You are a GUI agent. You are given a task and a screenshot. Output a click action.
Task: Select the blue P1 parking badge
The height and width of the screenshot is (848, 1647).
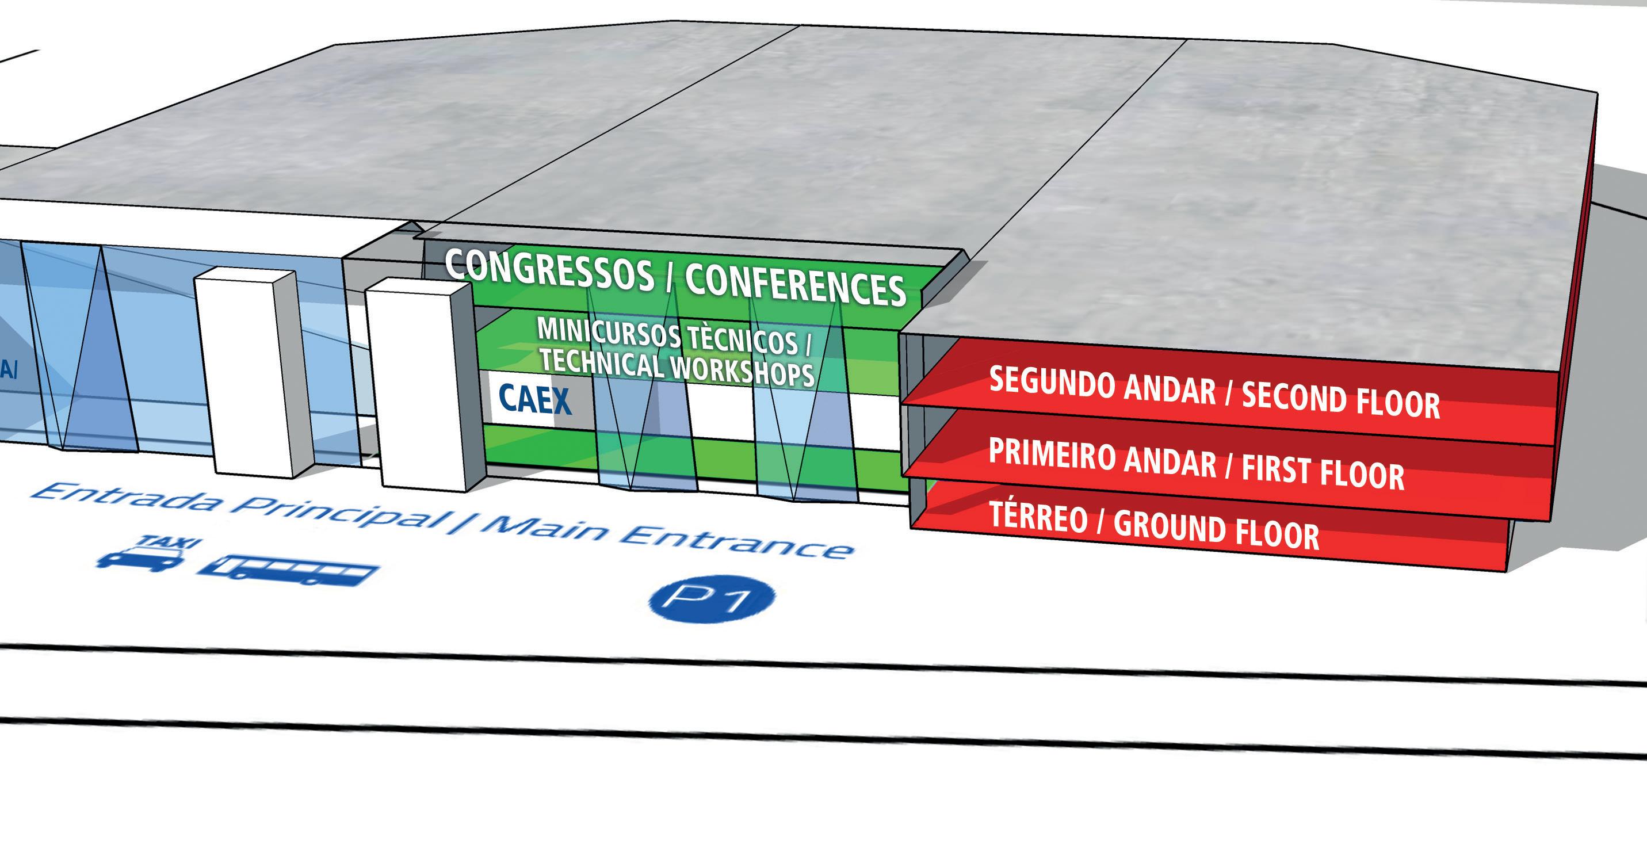coord(712,600)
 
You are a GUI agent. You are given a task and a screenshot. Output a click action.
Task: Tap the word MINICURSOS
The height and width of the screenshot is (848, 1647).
coord(607,334)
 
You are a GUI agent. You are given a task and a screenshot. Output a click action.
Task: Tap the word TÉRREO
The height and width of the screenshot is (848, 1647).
coord(1038,517)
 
